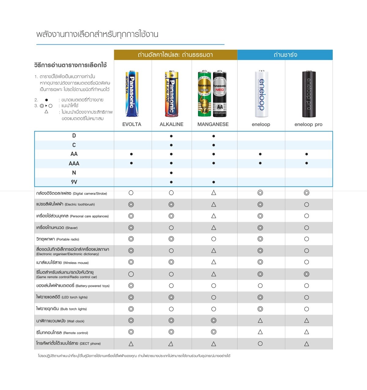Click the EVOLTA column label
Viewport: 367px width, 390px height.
[132, 124]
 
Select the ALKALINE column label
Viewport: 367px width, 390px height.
[171, 124]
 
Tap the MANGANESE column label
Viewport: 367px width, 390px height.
[213, 124]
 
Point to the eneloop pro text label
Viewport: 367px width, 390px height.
[308, 124]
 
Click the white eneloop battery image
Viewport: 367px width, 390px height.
[261, 94]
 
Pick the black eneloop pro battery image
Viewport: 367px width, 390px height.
[309, 94]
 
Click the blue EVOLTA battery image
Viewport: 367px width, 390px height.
[132, 94]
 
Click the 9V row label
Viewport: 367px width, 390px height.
[74, 182]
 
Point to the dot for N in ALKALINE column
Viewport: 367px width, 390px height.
[171, 173]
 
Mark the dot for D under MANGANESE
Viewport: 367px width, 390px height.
[214, 136]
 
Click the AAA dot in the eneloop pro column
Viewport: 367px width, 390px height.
[306, 163]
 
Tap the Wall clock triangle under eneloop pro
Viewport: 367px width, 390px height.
[306, 321]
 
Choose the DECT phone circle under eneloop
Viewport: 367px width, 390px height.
[260, 344]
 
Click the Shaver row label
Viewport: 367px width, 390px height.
[57, 228]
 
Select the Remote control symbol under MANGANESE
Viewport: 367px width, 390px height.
[214, 332]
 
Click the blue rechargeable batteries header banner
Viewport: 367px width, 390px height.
[285, 55]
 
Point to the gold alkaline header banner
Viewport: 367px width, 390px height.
[175, 55]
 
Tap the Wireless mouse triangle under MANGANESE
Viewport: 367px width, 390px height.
[214, 262]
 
